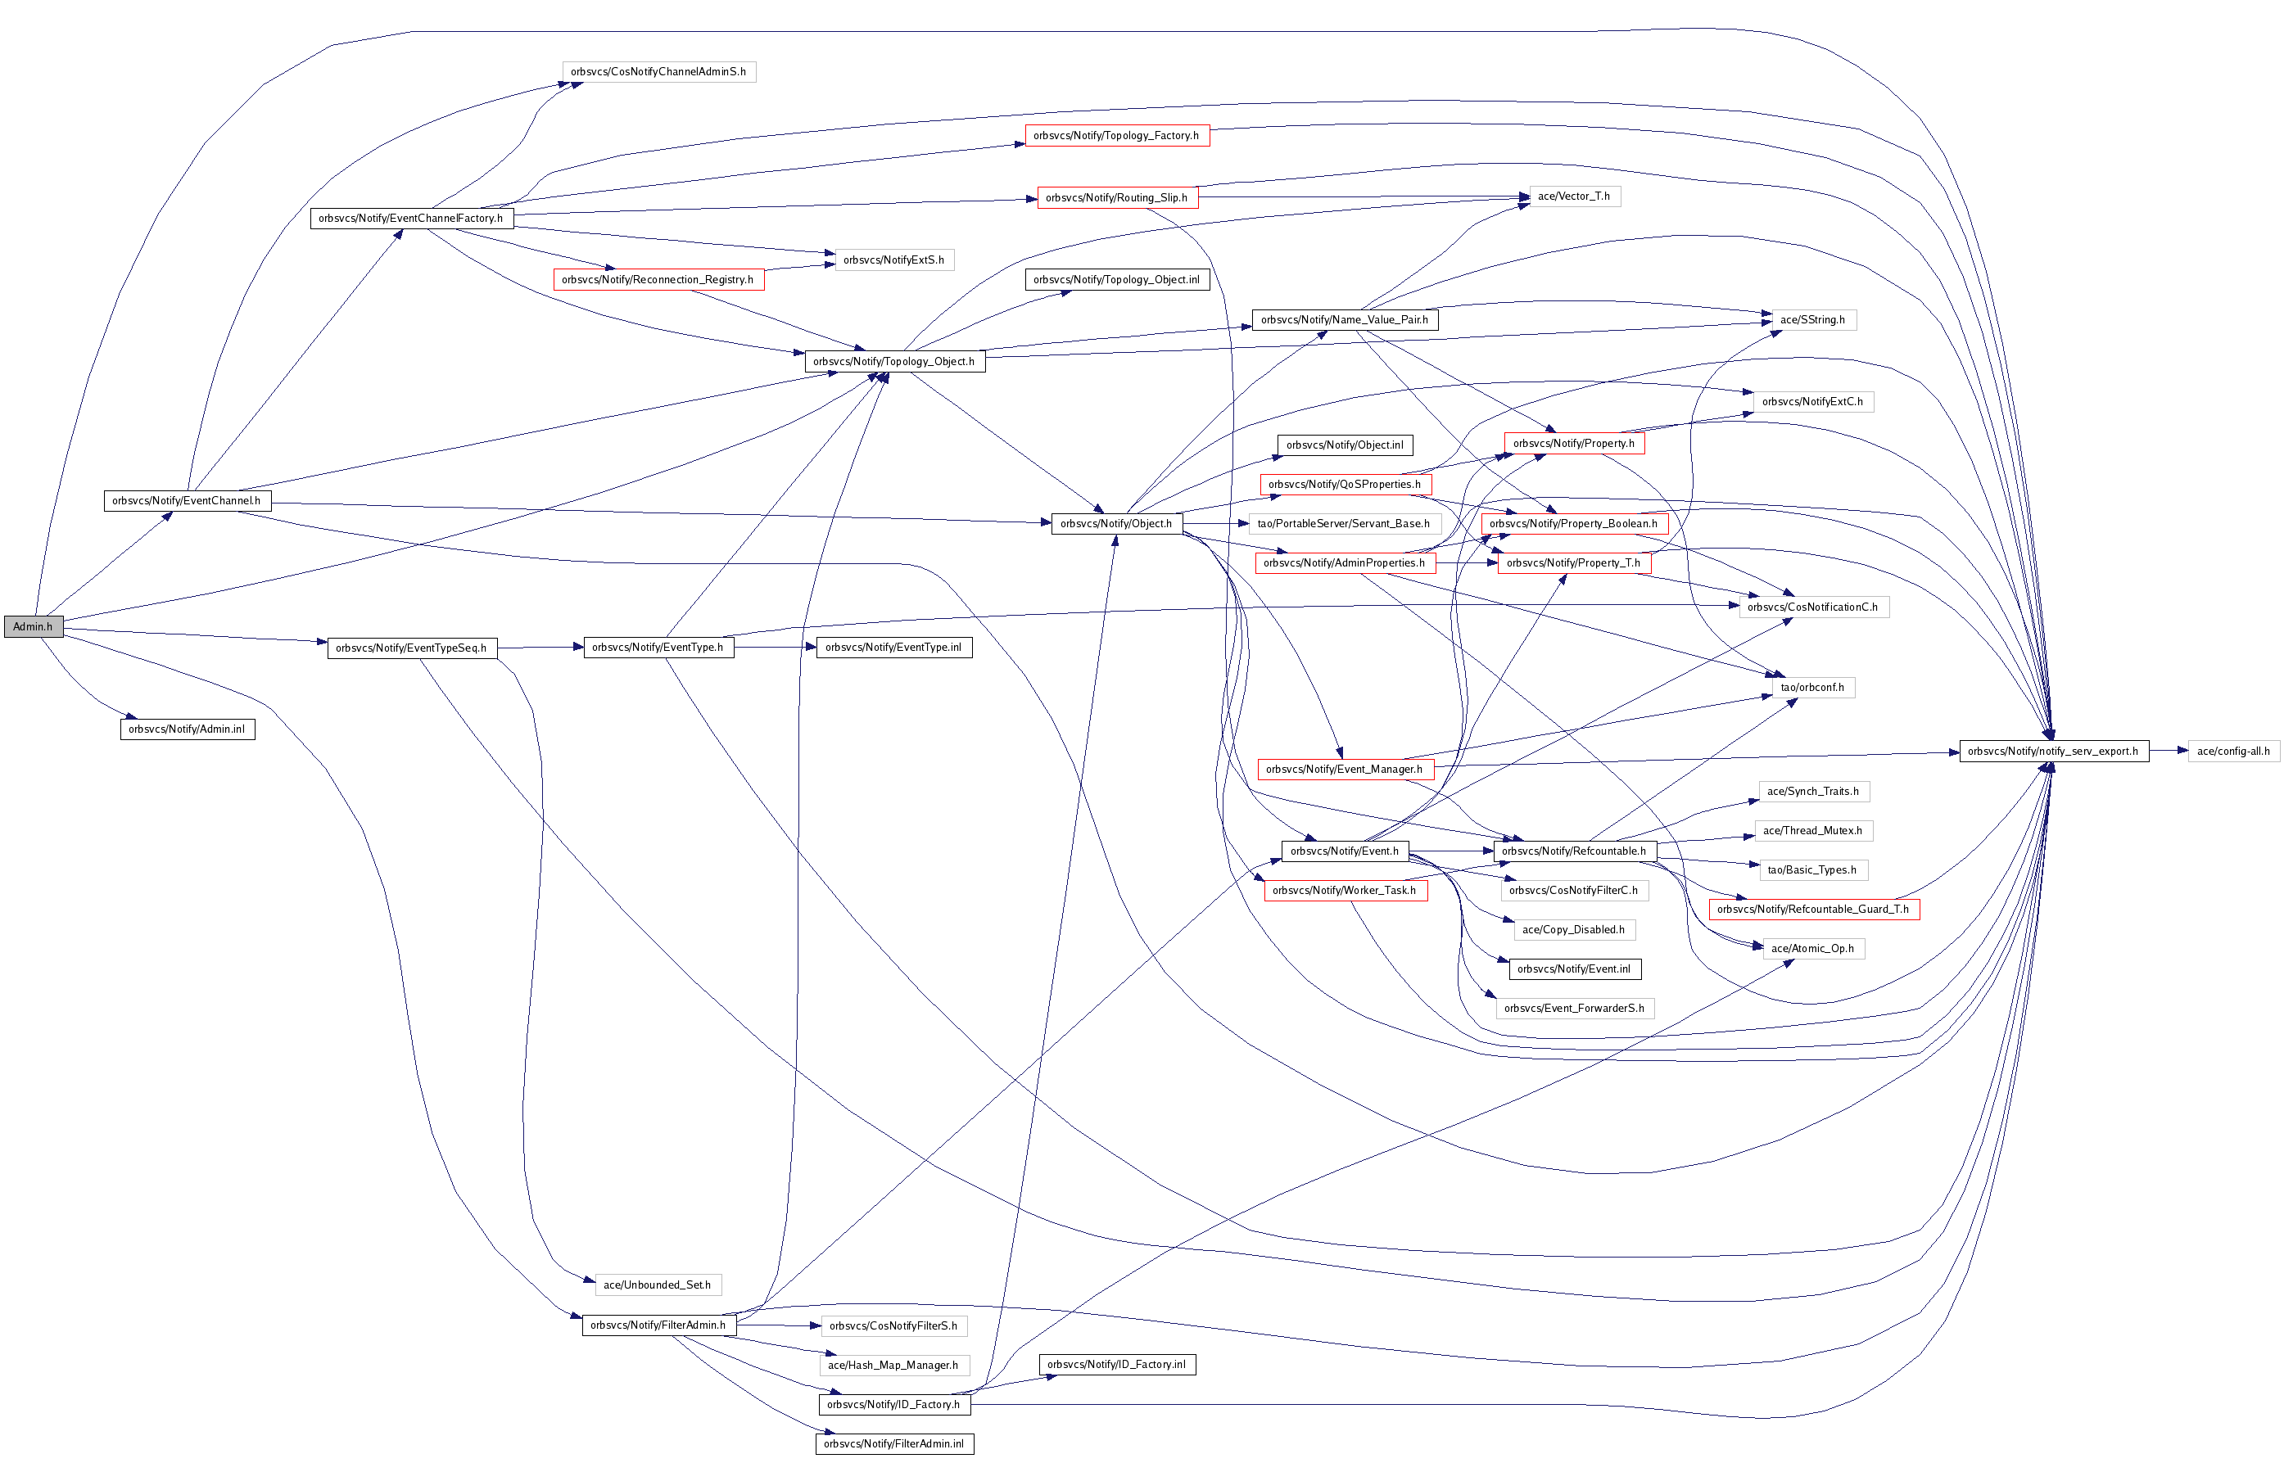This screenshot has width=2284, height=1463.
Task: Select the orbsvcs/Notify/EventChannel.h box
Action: tap(188, 501)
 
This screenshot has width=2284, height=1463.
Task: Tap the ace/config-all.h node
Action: tap(2232, 752)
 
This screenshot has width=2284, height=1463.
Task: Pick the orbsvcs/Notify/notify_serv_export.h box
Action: tap(2053, 752)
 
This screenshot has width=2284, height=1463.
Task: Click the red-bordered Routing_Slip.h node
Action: tap(1116, 197)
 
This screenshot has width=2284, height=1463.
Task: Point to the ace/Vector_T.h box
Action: tap(1573, 196)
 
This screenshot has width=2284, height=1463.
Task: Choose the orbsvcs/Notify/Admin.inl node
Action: tap(188, 729)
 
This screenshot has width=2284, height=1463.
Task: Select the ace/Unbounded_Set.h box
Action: tap(658, 1285)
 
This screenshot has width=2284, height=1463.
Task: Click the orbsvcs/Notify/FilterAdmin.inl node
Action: tap(894, 1444)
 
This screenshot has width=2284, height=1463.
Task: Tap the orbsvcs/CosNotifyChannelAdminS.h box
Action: tap(658, 72)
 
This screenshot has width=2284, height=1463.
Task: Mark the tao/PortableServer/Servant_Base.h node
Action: tap(1343, 523)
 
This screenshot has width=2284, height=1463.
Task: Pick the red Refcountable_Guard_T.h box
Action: tap(1813, 909)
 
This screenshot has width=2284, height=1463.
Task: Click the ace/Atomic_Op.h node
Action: tap(1813, 948)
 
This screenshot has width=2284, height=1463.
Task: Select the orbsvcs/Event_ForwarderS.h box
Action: tap(1574, 1008)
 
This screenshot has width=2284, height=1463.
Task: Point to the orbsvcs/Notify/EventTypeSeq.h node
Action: tap(411, 648)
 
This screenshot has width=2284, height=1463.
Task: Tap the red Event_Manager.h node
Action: tap(1345, 770)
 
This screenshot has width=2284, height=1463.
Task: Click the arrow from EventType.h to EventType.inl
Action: tap(775, 648)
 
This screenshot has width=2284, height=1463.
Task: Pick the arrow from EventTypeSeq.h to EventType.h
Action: tap(540, 648)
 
